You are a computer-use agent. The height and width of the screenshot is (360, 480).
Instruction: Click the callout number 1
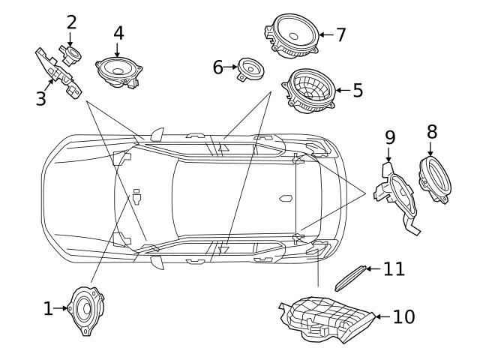point(48,308)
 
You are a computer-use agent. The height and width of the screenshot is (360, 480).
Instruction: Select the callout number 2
point(71,21)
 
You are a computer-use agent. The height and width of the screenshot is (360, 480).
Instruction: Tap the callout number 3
point(41,99)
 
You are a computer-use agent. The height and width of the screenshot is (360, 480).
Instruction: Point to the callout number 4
point(118,33)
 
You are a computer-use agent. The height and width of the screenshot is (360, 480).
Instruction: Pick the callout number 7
point(340,34)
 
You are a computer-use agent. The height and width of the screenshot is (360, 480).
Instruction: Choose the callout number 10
point(403,317)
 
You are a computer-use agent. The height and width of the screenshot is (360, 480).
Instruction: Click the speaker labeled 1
point(85,309)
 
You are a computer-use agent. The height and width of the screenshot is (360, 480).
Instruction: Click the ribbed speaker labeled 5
point(310,91)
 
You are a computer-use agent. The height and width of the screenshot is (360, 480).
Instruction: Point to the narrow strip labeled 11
point(349,276)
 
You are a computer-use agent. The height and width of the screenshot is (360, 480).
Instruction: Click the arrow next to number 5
point(340,91)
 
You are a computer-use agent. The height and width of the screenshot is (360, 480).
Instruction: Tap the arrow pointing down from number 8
point(430,148)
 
